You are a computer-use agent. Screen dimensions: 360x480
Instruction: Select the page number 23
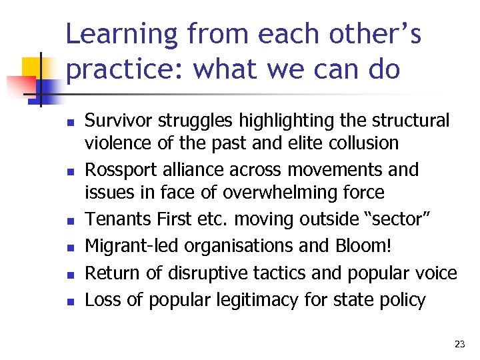[459, 344]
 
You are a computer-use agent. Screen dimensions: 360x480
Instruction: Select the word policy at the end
[402, 300]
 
